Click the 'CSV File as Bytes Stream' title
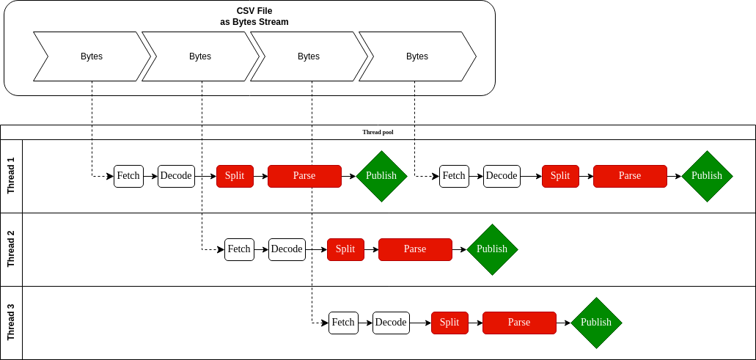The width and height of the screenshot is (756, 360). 254,16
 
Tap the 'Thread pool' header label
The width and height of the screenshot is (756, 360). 378,132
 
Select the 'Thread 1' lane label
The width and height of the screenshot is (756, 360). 11,176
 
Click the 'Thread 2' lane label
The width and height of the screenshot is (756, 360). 11,249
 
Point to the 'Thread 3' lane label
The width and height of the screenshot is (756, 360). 11,323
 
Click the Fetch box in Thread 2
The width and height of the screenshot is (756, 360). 239,249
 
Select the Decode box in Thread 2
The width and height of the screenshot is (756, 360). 287,249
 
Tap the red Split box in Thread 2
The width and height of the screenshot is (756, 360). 345,249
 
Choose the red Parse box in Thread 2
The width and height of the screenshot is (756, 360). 415,249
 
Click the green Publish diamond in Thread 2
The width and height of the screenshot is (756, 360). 492,249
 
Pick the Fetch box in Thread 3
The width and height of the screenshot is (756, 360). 343,323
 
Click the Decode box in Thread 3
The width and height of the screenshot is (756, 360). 391,323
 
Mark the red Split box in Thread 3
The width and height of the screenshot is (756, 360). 449,323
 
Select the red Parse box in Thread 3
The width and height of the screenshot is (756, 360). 519,323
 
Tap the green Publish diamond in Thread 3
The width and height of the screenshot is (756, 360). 596,323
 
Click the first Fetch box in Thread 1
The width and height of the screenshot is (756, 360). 128,176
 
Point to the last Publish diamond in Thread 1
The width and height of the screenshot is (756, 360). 707,176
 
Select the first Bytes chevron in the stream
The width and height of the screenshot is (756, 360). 92,56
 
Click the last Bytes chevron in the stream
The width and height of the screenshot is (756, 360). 417,56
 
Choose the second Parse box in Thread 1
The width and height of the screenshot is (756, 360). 630,176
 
